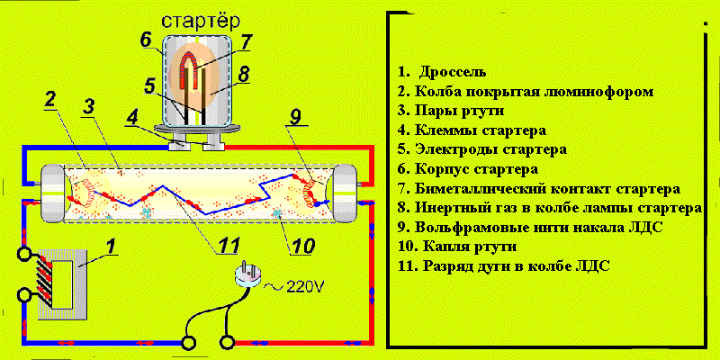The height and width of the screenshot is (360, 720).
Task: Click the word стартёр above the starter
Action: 201,22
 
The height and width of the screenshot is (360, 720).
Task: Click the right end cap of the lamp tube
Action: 346,193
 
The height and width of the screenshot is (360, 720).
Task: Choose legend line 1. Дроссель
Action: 442,72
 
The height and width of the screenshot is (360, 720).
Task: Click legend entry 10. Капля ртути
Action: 458,247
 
